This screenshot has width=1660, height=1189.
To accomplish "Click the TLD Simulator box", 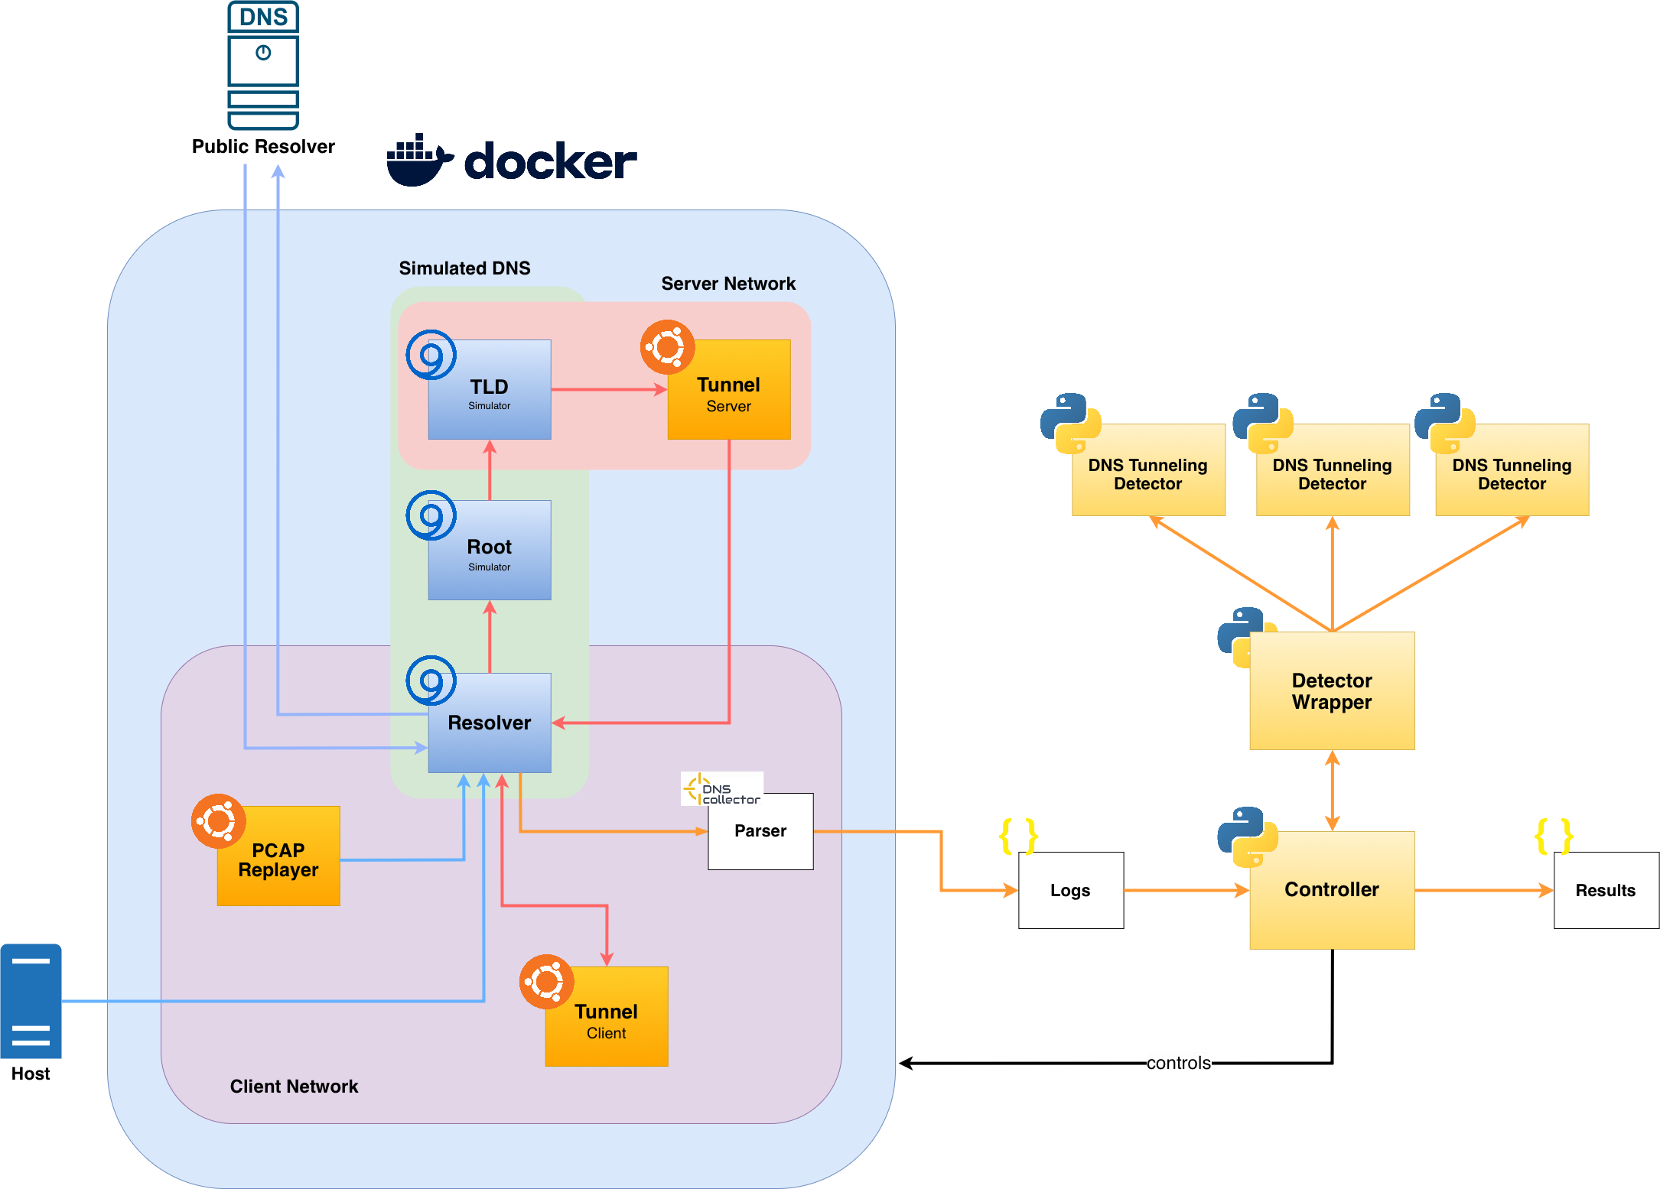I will click(490, 390).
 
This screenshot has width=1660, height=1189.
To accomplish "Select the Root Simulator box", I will click(490, 551).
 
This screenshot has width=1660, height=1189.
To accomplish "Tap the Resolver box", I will click(490, 723).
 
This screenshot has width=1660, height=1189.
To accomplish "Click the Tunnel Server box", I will click(729, 390).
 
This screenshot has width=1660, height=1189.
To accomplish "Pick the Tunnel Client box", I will click(607, 1017).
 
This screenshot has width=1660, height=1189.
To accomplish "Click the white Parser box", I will click(760, 831).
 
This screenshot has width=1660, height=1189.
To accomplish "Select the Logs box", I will click(1071, 891).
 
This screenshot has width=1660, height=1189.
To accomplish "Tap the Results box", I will click(1606, 891).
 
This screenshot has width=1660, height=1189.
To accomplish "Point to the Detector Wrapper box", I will click(1332, 690).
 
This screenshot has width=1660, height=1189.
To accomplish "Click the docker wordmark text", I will click(550, 161).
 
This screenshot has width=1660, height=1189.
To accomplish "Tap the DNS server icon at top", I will click(263, 66).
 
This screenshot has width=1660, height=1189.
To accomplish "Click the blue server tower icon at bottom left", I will click(31, 1001).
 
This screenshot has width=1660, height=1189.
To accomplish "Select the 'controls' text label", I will click(1179, 1063).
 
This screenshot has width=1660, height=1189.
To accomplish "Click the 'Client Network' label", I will click(295, 1087).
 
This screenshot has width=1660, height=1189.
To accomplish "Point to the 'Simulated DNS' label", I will click(464, 268).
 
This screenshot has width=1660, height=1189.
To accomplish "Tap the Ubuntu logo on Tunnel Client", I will click(546, 981).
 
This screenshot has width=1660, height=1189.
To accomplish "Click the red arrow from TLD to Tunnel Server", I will click(608, 389).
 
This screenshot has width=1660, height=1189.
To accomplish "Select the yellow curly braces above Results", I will click(1554, 836).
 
